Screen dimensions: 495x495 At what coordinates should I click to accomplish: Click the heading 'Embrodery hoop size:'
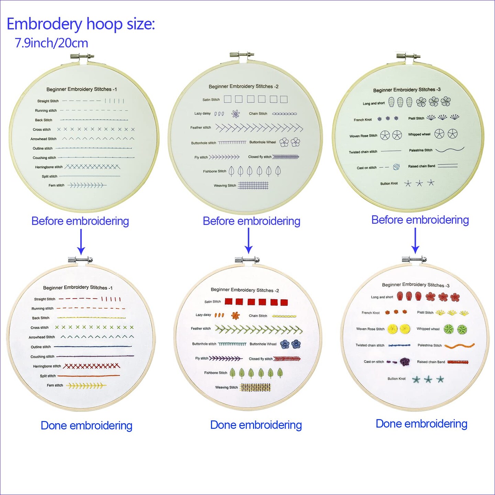[81, 24]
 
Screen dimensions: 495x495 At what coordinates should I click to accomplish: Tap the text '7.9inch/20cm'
[51, 43]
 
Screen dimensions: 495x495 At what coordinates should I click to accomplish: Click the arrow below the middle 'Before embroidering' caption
[249, 241]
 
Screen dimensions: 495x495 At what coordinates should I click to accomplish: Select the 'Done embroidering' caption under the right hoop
[421, 423]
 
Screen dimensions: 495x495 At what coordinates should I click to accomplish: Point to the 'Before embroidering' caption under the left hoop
[80, 221]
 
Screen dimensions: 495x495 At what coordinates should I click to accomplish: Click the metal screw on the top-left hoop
[82, 56]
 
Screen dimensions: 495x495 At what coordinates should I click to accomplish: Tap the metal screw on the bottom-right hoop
[414, 259]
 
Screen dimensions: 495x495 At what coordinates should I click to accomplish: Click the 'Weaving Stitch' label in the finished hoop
[226, 387]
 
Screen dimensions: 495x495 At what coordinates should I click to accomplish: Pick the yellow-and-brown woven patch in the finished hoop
[255, 387]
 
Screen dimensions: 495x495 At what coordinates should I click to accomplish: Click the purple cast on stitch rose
[405, 362]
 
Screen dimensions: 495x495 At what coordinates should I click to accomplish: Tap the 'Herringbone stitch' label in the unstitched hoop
[49, 167]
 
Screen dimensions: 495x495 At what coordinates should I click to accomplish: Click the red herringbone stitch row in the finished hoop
[91, 366]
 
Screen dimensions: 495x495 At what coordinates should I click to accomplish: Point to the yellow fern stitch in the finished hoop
[86, 385]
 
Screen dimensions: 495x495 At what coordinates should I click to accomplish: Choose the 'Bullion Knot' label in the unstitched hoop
[389, 184]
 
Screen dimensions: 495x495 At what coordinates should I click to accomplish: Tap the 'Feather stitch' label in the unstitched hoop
[201, 128]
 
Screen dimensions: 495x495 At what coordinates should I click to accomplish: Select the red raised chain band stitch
[458, 362]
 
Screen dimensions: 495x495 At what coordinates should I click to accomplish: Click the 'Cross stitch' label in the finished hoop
[40, 328]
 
